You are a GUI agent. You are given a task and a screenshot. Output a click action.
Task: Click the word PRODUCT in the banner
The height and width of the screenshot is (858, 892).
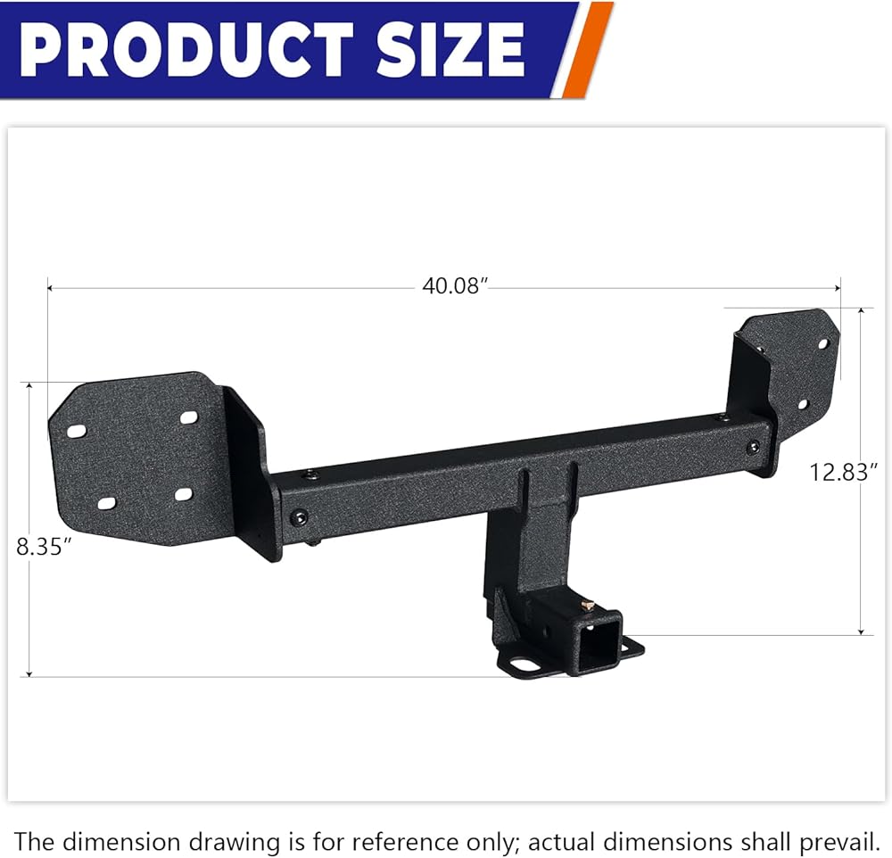click(x=186, y=49)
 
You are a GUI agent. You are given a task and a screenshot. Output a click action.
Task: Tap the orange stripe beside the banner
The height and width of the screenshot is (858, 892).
click(x=588, y=49)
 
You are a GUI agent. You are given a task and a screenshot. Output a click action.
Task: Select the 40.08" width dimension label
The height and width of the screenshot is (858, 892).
click(x=455, y=285)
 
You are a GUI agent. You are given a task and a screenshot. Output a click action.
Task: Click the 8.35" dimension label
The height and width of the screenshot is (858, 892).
click(x=44, y=547)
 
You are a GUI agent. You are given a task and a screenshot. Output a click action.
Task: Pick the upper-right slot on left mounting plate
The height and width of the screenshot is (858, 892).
click(x=188, y=417)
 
